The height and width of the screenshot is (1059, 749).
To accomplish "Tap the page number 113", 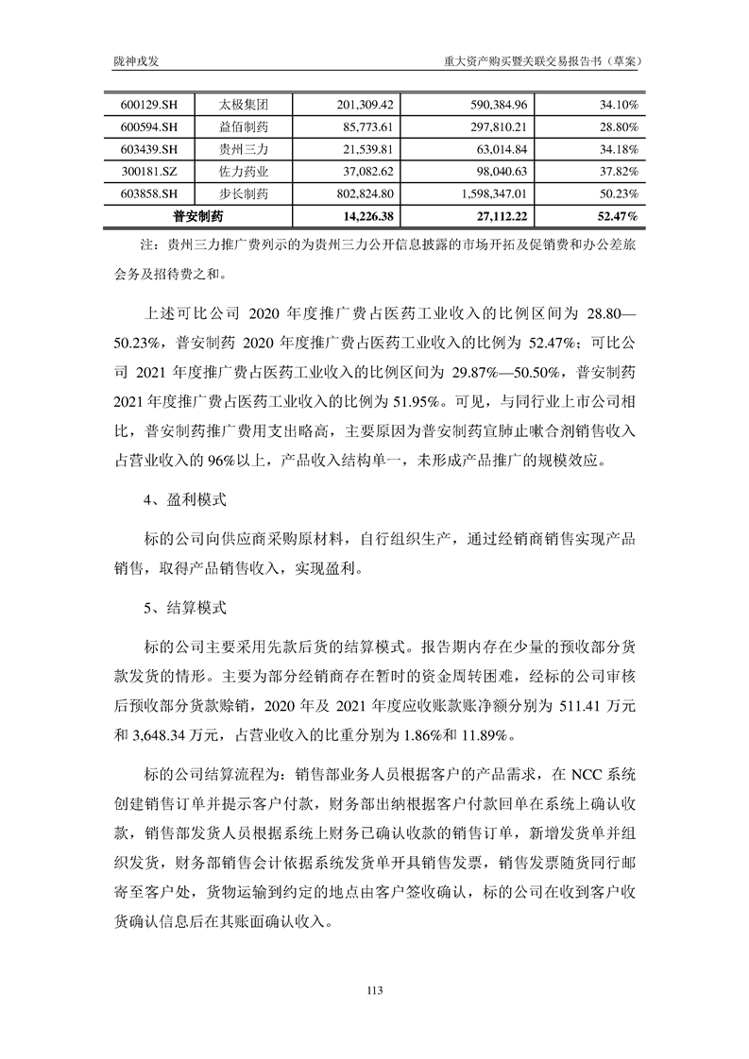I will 374,989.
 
